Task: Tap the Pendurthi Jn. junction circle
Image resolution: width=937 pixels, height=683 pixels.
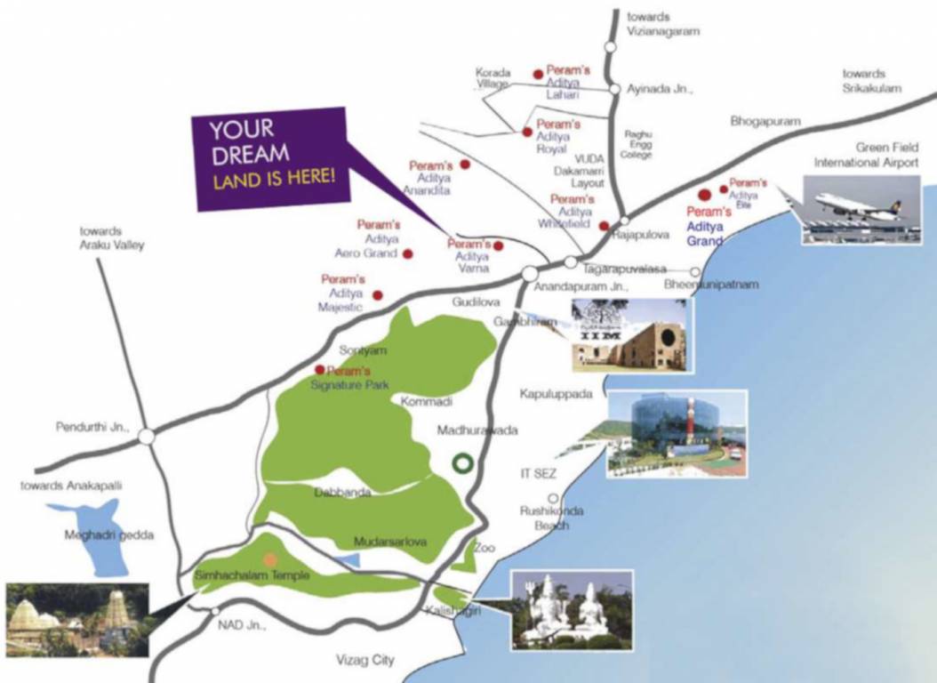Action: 147,437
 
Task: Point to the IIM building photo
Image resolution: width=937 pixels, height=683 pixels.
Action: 629,333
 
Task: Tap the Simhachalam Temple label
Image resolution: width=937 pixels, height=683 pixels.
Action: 252,576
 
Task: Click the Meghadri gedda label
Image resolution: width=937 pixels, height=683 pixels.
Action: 97,535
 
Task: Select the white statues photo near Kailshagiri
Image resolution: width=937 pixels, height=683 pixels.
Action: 571,609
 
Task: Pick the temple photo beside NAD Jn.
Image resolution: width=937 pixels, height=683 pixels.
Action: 76,620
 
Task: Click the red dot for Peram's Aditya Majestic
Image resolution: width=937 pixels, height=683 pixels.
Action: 378,294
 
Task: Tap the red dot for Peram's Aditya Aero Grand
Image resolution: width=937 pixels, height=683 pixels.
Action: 408,253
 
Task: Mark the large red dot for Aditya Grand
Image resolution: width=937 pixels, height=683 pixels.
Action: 704,194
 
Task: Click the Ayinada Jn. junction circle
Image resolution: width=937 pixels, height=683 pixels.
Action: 613,89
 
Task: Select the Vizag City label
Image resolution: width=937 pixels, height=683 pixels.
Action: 364,661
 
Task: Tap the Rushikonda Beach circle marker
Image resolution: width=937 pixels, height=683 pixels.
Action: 553,499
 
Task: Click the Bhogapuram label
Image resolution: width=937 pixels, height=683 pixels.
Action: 765,120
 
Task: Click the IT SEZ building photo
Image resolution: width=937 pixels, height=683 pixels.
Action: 677,433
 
